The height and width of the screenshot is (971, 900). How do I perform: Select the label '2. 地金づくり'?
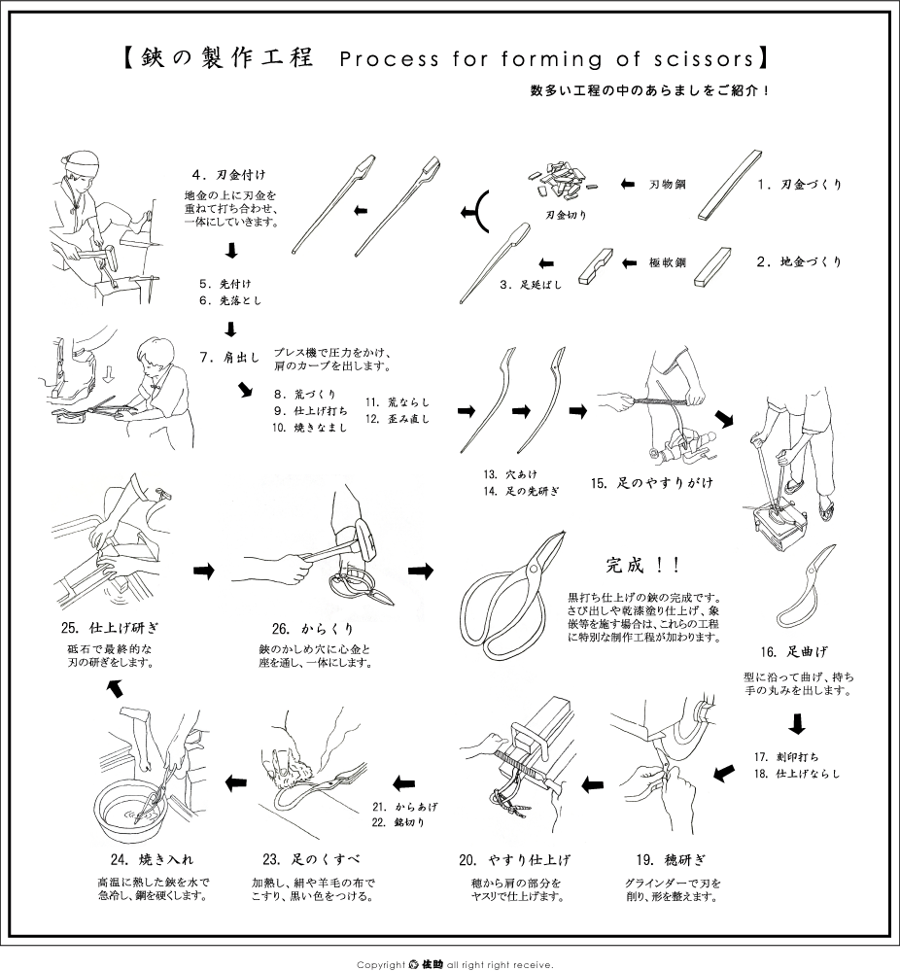pyautogui.click(x=799, y=261)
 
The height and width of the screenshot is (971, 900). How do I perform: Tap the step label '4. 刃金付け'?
pyautogui.click(x=227, y=175)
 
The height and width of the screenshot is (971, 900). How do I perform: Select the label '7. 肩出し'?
pyautogui.click(x=230, y=357)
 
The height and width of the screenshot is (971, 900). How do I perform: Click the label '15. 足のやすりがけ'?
pyautogui.click(x=639, y=481)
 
